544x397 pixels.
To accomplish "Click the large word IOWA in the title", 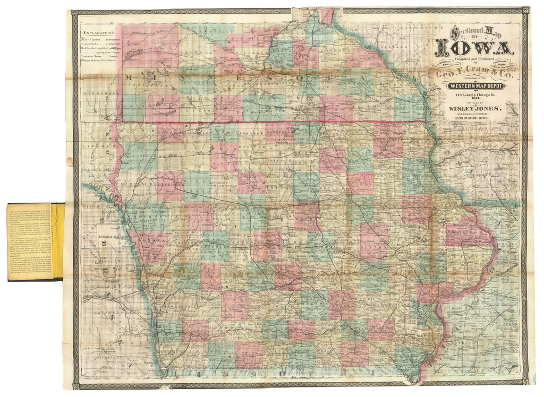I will (474, 49).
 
